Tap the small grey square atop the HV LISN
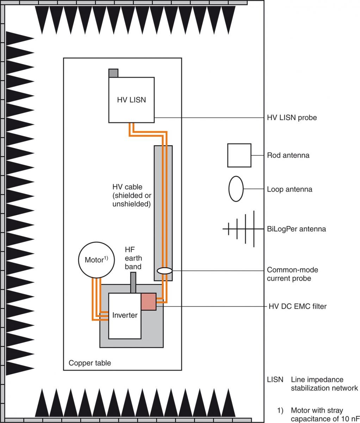113,73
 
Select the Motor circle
97,260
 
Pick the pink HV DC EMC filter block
149,302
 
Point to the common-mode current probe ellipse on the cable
165,271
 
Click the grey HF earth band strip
133,283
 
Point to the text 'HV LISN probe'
292,118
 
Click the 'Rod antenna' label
288,155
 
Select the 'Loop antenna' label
290,189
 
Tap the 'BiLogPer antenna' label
296,229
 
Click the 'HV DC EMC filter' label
298,306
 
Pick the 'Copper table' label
90,363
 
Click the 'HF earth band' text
134,258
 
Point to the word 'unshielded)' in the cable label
131,204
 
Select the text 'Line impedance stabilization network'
324,384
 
